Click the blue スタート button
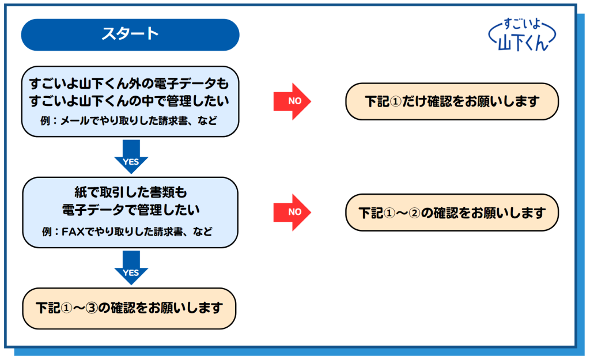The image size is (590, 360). [x=130, y=35]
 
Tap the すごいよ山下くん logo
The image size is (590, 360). [x=522, y=35]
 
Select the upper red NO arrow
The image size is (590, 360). [x=292, y=101]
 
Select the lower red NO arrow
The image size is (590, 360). [x=292, y=212]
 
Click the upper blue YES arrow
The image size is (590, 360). [x=131, y=157]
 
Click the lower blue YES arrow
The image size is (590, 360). [x=131, y=267]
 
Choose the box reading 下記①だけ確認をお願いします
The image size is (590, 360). [x=452, y=101]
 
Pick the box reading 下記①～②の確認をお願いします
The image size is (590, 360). [x=452, y=213]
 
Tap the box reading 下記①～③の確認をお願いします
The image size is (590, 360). [x=129, y=309]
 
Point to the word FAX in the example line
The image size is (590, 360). [x=73, y=232]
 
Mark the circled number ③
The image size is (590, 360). [x=92, y=308]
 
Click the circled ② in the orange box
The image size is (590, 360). [x=414, y=213]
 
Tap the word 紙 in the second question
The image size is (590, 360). [x=81, y=192]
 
